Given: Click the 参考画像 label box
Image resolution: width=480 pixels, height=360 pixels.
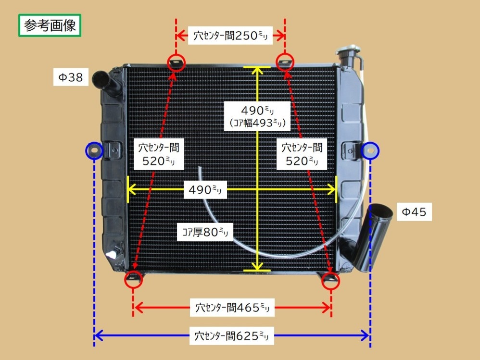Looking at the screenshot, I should pos(50,25).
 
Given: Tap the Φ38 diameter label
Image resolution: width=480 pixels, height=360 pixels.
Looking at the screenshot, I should pos(71,77).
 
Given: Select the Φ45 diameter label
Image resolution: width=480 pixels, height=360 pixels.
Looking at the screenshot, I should pos(414,211).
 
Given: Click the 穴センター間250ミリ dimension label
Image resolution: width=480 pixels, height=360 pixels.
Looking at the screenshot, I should pos(230,35).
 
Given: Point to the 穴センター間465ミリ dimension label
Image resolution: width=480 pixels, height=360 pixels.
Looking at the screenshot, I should pos(232,307).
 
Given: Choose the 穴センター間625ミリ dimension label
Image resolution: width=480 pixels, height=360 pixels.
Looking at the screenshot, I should pos(231,335).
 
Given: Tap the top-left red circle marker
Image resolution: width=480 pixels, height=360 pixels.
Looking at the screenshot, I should pos(176,62).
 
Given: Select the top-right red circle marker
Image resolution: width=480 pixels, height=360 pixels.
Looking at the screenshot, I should pos(285,62).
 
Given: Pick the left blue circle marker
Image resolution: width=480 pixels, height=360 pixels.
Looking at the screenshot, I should pos(94,151).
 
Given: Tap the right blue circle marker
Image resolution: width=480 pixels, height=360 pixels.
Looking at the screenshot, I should pos(370,151).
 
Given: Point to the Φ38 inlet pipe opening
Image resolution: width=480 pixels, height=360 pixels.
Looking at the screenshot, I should pos(102,76).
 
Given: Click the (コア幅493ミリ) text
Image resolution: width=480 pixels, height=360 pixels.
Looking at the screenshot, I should pos(258,123).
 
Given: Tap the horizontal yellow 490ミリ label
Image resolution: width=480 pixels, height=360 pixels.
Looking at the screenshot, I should pos(205,189).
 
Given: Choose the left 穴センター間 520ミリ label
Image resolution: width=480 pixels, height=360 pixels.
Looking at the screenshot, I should pos(158,154).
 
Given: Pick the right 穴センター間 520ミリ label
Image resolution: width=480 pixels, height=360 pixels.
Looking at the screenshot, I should pos(302,154).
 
